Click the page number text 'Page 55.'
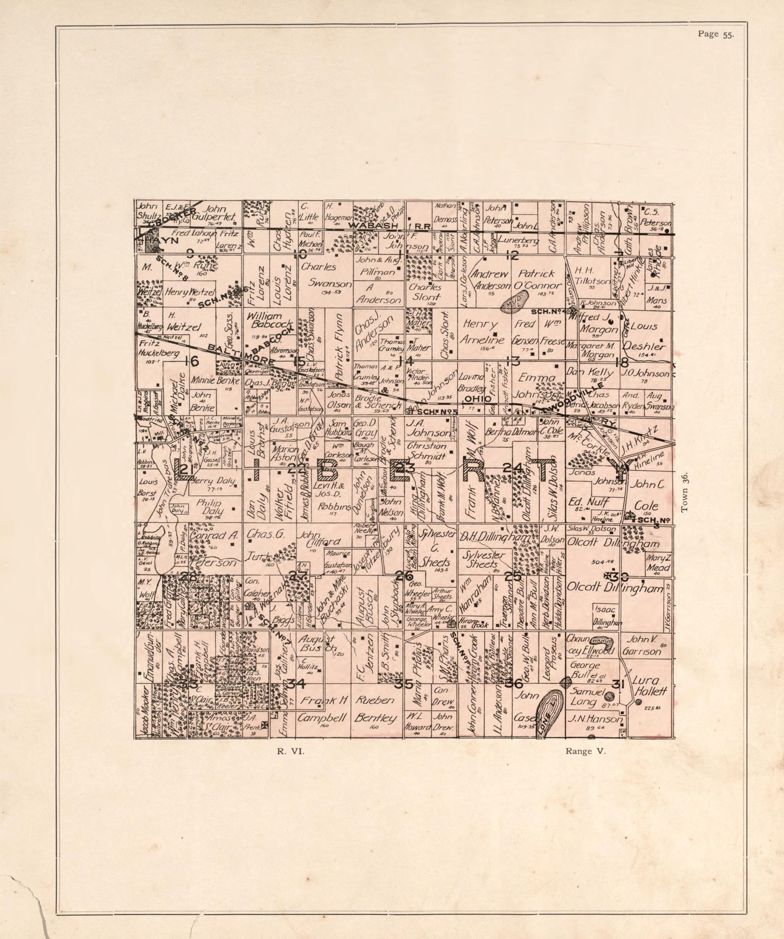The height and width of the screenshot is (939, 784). [715, 35]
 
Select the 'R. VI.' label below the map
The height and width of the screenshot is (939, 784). [290, 752]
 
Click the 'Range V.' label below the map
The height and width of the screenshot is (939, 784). [586, 752]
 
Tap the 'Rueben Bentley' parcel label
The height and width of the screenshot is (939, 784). [375, 710]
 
